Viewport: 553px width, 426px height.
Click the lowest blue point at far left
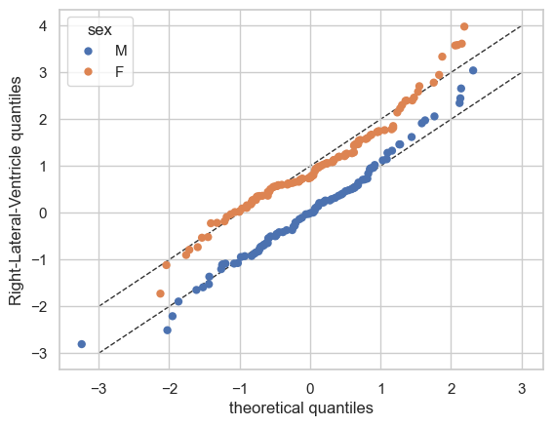click(x=82, y=344)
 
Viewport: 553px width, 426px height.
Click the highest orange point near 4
click(x=464, y=26)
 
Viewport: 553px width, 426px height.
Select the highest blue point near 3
click(x=473, y=70)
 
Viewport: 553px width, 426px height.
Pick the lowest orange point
click(x=161, y=293)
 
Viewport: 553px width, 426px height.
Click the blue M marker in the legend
click(x=88, y=51)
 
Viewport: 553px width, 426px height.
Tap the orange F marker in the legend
click(x=88, y=72)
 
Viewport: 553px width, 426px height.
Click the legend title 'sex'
click(x=99, y=30)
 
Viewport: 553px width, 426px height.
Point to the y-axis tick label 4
click(x=43, y=25)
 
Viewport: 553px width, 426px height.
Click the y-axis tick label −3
click(x=39, y=353)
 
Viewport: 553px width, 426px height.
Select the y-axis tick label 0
click(x=43, y=213)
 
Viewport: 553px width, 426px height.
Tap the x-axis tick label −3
click(x=99, y=389)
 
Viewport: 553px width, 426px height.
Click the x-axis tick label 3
click(x=522, y=389)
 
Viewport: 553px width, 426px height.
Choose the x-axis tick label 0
click(x=310, y=389)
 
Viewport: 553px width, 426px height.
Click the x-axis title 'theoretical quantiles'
click(x=301, y=408)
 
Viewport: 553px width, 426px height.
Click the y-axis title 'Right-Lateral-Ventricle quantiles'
click(x=16, y=191)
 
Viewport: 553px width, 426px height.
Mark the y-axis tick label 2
click(x=43, y=120)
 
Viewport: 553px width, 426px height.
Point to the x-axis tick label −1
click(x=240, y=389)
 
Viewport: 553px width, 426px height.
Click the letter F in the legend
click(x=119, y=72)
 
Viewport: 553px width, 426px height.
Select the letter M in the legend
click(x=121, y=51)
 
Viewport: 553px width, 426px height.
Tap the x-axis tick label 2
click(x=452, y=389)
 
